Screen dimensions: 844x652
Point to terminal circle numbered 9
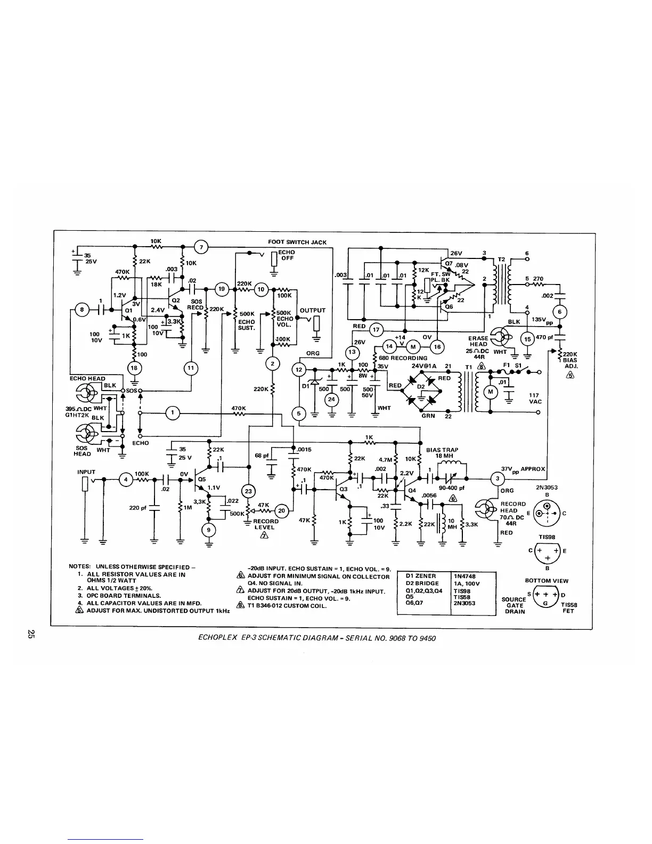pos(208,529)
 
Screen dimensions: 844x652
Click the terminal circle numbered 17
pos(376,329)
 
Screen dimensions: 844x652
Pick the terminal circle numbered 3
pos(497,477)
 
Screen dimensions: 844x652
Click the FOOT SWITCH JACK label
pos(297,242)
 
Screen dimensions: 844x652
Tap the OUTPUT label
pos(313,310)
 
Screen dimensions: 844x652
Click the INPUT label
pos(86,472)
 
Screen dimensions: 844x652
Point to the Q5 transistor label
pos(202,478)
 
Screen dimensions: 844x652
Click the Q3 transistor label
pos(343,488)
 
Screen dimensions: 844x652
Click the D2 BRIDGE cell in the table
pos(422,583)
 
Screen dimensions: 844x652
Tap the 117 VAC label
pos(535,399)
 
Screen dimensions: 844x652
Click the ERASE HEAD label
pos(478,342)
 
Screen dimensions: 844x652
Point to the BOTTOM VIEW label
pos(547,581)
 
